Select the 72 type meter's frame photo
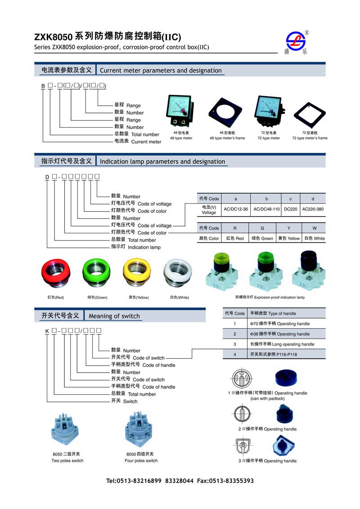click(x=310, y=116)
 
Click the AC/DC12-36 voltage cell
click(x=236, y=209)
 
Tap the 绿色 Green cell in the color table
click(x=262, y=238)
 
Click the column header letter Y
click(x=288, y=228)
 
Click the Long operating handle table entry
click(x=282, y=344)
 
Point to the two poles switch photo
click(x=67, y=432)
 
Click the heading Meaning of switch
click(x=114, y=316)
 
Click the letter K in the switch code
click(x=47, y=331)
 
